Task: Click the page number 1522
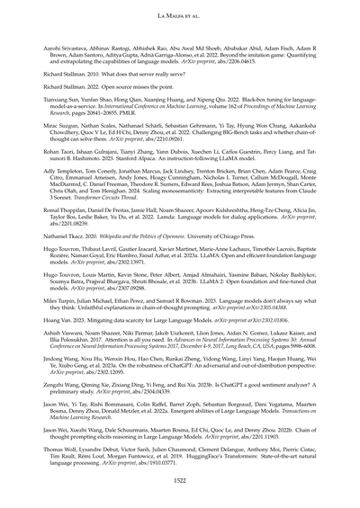coord(180,483)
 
